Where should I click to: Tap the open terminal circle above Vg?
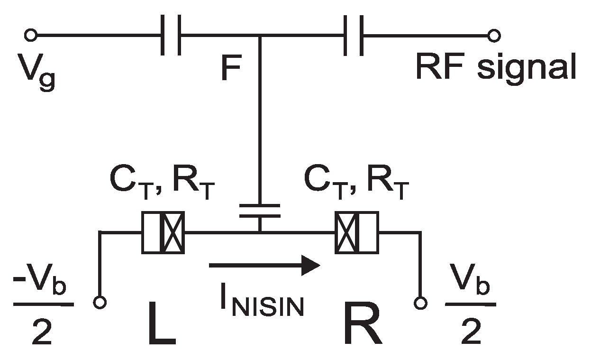(31, 35)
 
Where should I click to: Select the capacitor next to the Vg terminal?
(171, 35)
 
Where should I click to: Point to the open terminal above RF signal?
(494, 35)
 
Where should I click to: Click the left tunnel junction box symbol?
(163, 232)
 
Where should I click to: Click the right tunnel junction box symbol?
(356, 232)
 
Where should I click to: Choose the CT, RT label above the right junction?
(356, 187)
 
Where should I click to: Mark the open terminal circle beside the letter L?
(100, 302)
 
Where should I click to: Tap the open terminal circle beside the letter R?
(419, 302)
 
